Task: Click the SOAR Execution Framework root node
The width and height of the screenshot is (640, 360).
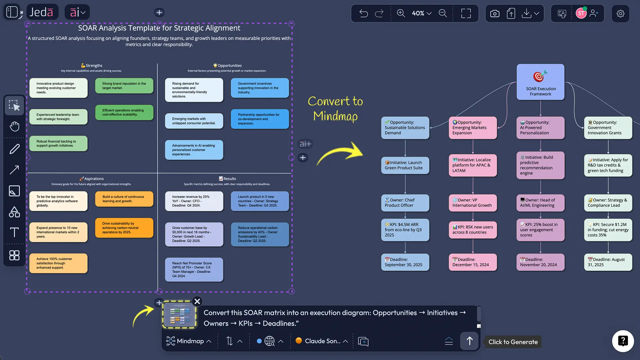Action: (540, 82)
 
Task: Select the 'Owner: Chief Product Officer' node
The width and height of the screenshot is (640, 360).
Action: (405, 203)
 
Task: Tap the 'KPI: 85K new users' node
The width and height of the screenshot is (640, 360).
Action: (472, 230)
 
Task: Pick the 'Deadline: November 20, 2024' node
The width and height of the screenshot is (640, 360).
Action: (540, 262)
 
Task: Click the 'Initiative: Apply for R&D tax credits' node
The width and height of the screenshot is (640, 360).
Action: (608, 165)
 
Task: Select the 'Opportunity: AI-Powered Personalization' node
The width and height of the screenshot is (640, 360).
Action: (540, 128)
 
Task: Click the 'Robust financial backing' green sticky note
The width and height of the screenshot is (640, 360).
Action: (58, 143)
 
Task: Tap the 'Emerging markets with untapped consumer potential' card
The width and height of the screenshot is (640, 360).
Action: (194, 121)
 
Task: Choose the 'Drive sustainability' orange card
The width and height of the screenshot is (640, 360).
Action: (124, 228)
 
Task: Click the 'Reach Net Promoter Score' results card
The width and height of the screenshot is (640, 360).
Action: (194, 269)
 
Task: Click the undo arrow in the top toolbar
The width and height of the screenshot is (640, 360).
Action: (363, 13)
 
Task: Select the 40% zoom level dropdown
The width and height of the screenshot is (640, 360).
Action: (421, 13)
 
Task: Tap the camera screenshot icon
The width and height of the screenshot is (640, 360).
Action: (495, 13)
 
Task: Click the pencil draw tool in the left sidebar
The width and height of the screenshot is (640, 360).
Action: (14, 149)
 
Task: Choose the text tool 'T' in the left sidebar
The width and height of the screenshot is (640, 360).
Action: (14, 232)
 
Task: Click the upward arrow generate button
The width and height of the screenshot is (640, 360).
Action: (469, 341)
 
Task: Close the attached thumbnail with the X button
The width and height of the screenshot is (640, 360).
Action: (197, 301)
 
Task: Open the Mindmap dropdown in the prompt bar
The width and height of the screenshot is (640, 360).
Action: (189, 341)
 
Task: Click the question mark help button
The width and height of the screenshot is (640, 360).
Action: (623, 341)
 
